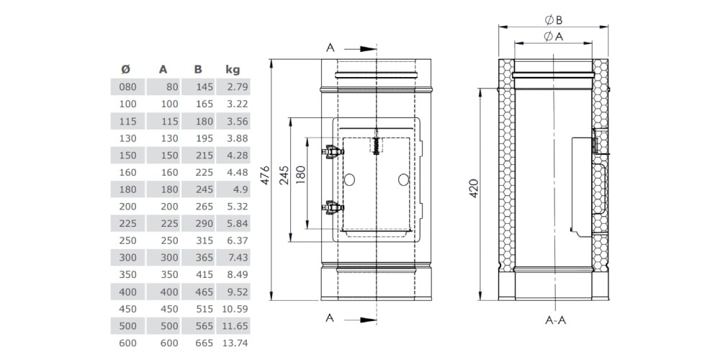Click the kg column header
tap(233, 70)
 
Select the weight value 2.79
tap(237, 87)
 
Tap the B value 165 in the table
tap(204, 104)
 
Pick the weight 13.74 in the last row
tap(235, 343)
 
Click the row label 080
tap(127, 87)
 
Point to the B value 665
tap(204, 343)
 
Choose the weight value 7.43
tap(237, 258)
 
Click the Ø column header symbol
tap(125, 70)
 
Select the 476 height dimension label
tap(266, 176)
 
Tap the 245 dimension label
tap(285, 176)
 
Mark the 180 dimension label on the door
tap(301, 176)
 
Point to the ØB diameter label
tap(554, 20)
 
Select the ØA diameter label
tap(554, 37)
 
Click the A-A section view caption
tap(556, 320)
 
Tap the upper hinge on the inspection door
tap(333, 151)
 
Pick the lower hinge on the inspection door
tap(333, 207)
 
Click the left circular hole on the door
tap(349, 180)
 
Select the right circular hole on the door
tap(403, 180)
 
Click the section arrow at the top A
tap(360, 49)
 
